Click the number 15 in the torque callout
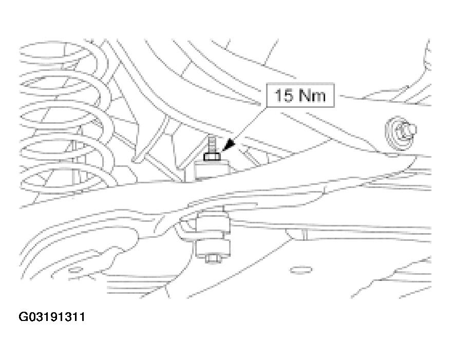pyautogui.click(x=284, y=95)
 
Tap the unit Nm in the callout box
pyautogui.click(x=312, y=95)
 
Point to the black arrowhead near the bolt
pyautogui.click(x=229, y=145)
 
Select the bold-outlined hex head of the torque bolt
pyautogui.click(x=212, y=157)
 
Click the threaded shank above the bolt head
pyautogui.click(x=212, y=144)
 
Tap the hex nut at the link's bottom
pyautogui.click(x=213, y=258)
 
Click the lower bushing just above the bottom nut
pyautogui.click(x=213, y=248)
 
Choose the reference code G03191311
pyautogui.click(x=52, y=317)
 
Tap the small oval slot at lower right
pyautogui.click(x=301, y=270)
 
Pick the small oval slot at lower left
pyautogui.click(x=75, y=270)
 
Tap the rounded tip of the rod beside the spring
pyautogui.click(x=134, y=158)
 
